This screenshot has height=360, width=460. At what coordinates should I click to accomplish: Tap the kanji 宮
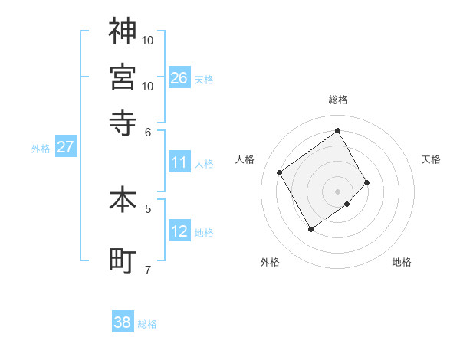pos(123,77)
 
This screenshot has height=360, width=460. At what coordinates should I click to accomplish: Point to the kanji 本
pos(123,199)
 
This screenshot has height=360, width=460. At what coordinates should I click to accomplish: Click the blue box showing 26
pos(179,77)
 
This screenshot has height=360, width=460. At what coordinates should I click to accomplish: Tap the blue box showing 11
pos(179,162)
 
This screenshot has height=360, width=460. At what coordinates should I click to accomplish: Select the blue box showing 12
pos(179,231)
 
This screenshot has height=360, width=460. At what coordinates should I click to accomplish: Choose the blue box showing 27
pos(65,147)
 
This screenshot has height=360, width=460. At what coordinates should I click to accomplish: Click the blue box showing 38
pos(123,322)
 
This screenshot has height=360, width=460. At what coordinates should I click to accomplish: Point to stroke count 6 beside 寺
pos(149,131)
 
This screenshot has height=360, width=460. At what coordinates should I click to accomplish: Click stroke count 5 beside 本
pos(148,208)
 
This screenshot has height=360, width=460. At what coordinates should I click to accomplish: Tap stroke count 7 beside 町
pos(148,270)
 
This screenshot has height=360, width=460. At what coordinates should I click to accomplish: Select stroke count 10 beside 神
pos(148,39)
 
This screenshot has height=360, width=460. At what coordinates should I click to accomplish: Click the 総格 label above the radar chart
pos(338,100)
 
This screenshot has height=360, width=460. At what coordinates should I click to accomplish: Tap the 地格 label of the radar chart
pos(402,262)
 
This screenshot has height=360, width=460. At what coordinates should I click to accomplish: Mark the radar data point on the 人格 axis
pos(280,172)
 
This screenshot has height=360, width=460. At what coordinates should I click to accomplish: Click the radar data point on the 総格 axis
pos(338,131)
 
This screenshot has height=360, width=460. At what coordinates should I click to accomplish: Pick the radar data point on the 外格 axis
pos(310,229)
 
